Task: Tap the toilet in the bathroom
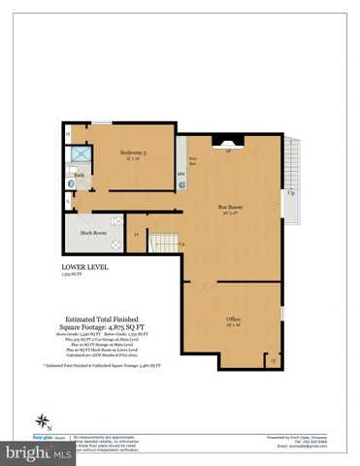(68, 193)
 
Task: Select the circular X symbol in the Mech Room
(115, 245)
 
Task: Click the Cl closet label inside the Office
(274, 359)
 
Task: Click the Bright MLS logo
(29, 452)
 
